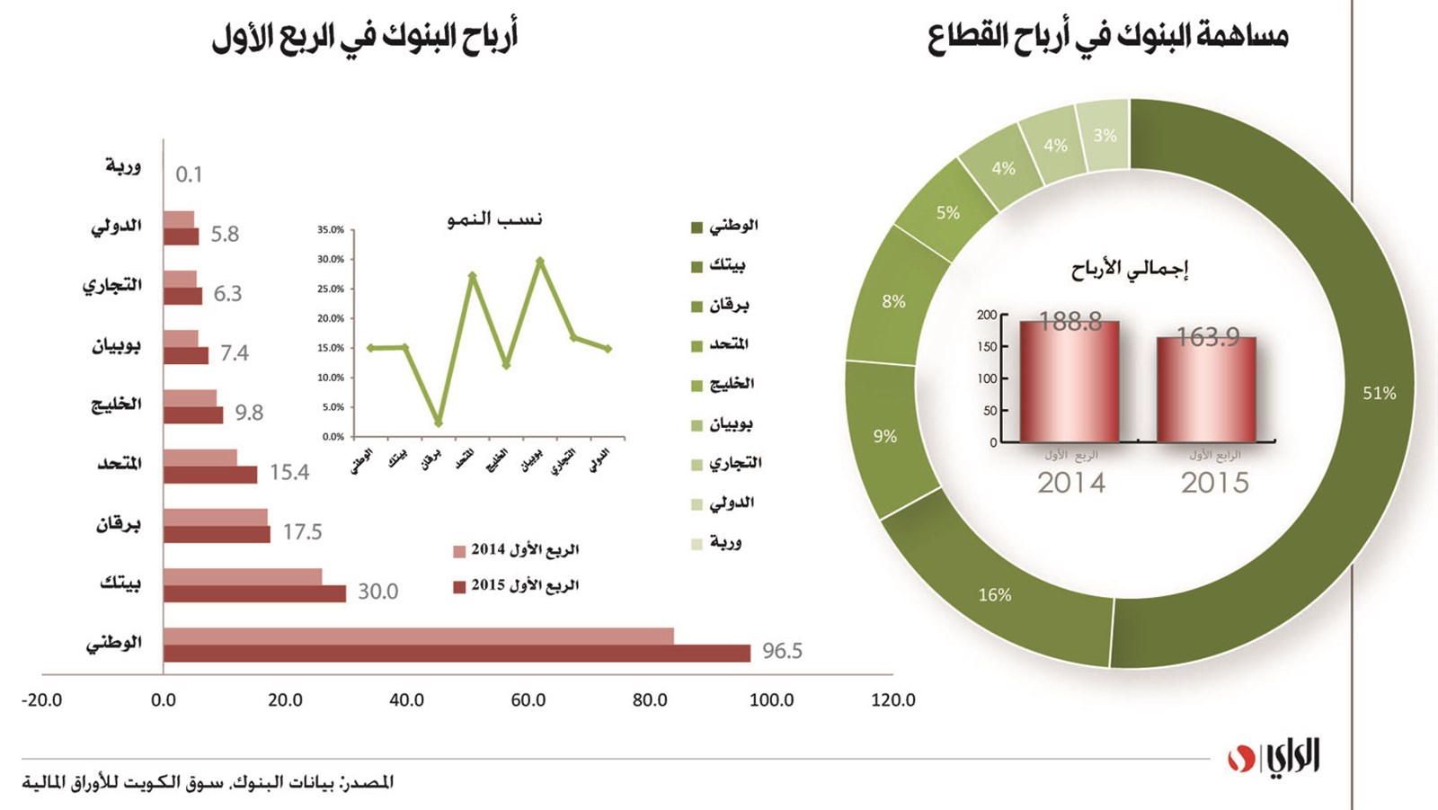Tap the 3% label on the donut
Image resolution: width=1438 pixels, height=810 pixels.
[x=1105, y=136]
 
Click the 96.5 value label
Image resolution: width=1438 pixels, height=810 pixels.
[x=782, y=651]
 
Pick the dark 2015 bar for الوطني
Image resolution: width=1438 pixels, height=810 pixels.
[x=457, y=654]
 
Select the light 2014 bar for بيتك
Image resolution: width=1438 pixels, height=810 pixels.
[x=243, y=576]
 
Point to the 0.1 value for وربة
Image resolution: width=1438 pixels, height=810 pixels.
[x=189, y=174]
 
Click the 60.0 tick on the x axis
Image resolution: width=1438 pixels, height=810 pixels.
[x=528, y=700]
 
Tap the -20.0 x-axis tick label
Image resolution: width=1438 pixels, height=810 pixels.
[x=41, y=700]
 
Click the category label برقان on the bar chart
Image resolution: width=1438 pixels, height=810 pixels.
[x=119, y=523]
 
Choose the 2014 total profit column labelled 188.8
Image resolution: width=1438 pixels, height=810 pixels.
[x=1070, y=382]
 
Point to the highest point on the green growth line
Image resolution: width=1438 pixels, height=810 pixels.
[x=539, y=261]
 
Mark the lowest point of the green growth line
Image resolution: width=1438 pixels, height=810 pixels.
[x=438, y=423]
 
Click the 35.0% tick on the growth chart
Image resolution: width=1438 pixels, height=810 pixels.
[x=331, y=230]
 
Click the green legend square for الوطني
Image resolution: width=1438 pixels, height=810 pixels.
[x=696, y=227]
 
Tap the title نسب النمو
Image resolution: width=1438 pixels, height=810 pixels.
[x=494, y=219]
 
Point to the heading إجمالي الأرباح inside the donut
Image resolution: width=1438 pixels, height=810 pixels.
[x=1129, y=269]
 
